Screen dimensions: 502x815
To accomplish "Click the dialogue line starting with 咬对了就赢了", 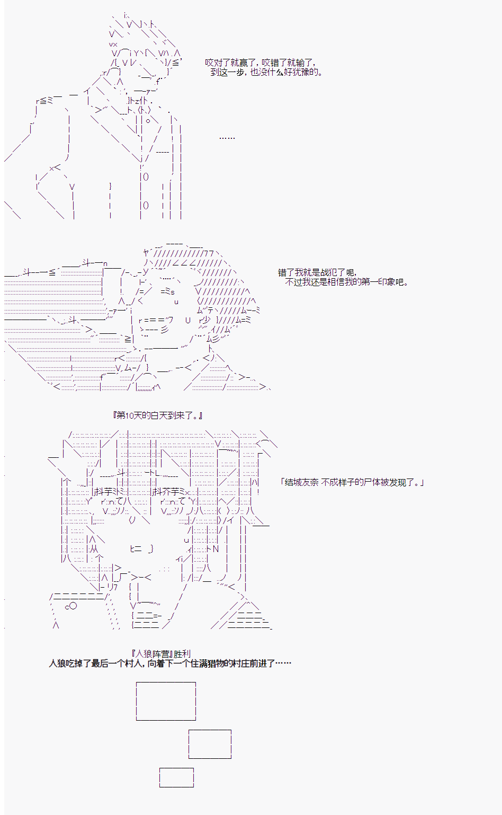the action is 261,63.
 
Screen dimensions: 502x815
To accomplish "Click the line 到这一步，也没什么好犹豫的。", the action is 266,72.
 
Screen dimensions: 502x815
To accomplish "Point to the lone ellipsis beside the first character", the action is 227,138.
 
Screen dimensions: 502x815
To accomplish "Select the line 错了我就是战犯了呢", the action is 317,272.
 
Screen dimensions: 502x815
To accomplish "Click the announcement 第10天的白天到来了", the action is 157,415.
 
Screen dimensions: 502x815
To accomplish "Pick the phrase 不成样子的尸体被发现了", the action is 369,482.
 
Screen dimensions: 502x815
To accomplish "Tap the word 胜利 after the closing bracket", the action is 182,654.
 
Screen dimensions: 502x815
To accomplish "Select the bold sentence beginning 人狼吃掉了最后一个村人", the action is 170,663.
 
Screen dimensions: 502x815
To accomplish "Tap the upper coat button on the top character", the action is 146,177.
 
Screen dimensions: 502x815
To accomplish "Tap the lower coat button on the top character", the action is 146,206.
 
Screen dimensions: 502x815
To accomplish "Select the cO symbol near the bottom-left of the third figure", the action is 71,606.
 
